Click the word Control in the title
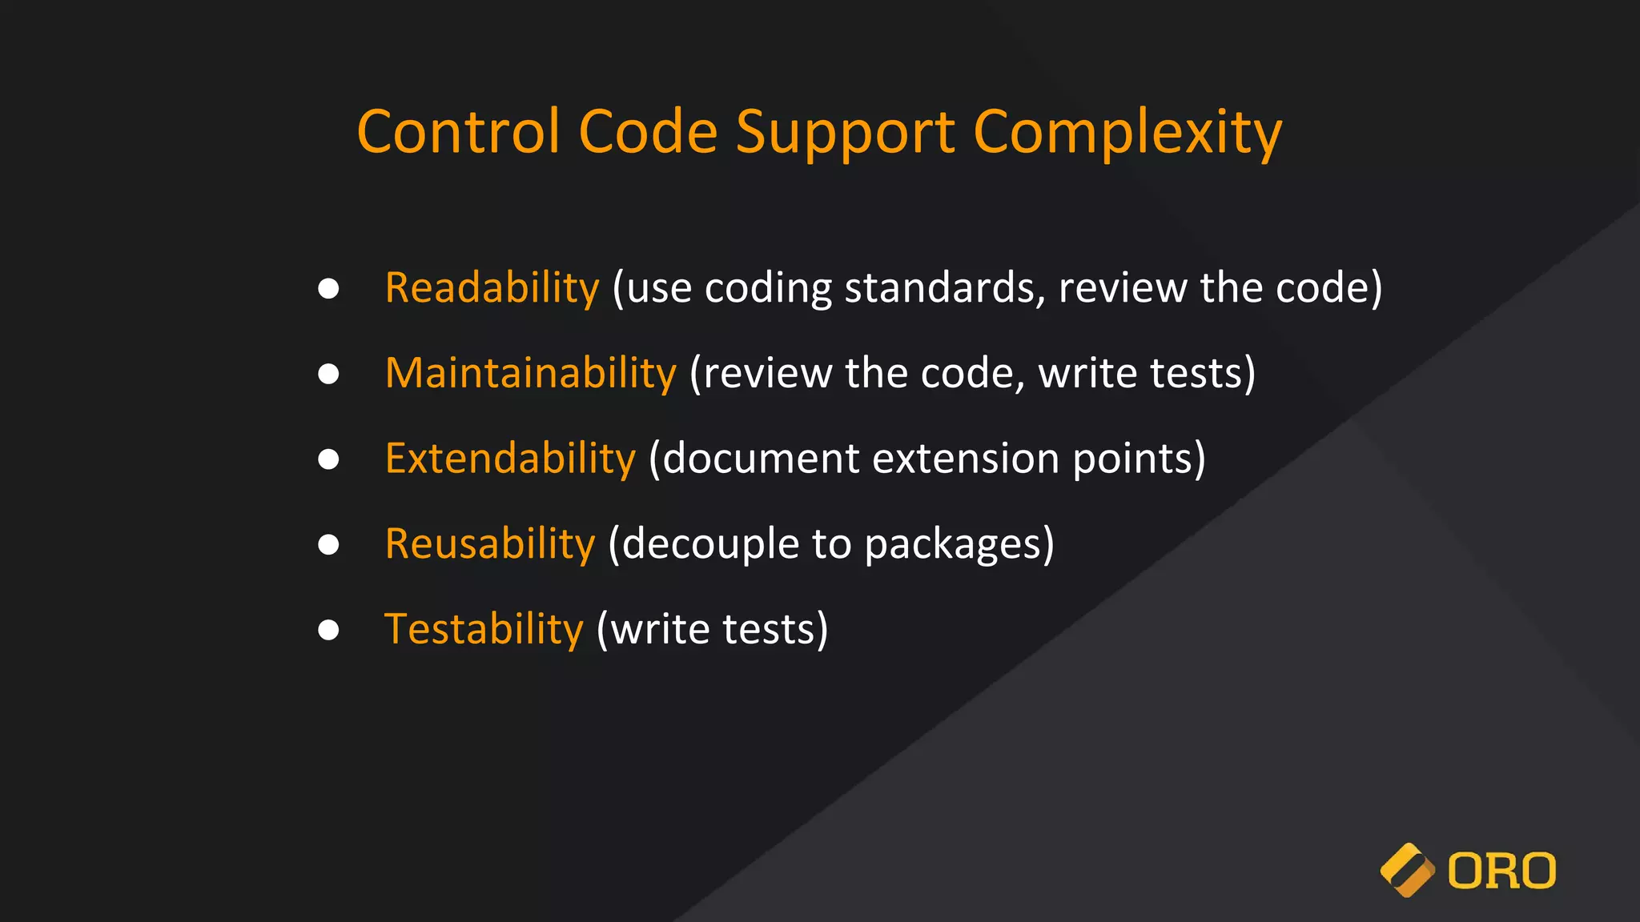[x=457, y=132]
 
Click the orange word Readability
[x=492, y=288]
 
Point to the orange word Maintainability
[x=531, y=374]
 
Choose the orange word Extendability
[x=510, y=459]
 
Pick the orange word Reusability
[x=490, y=544]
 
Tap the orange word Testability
[x=484, y=630]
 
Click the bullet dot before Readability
[x=328, y=288]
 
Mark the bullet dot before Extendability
[x=328, y=459]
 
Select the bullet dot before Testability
[x=328, y=630]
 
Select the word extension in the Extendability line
[x=966, y=459]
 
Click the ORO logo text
[x=1501, y=871]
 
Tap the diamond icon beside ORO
[x=1407, y=870]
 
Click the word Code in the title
[x=648, y=132]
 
